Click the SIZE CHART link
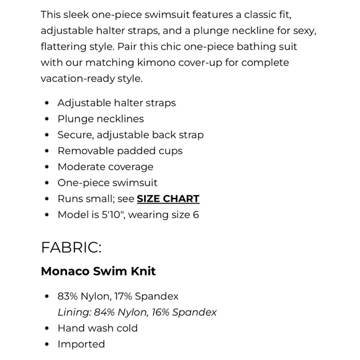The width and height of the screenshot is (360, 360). pos(168,199)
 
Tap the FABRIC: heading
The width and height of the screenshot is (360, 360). pos(71,247)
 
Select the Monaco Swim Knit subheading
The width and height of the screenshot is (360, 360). pos(98,271)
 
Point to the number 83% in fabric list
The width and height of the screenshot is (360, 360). pos(68,296)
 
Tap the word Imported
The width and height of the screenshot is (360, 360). pos(81,344)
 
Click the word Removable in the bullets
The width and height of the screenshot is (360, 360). pos(83,151)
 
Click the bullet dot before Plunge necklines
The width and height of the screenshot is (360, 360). pos(47,119)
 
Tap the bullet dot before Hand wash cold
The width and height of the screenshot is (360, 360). pos(47,328)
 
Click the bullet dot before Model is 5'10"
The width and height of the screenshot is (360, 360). pos(47,215)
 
